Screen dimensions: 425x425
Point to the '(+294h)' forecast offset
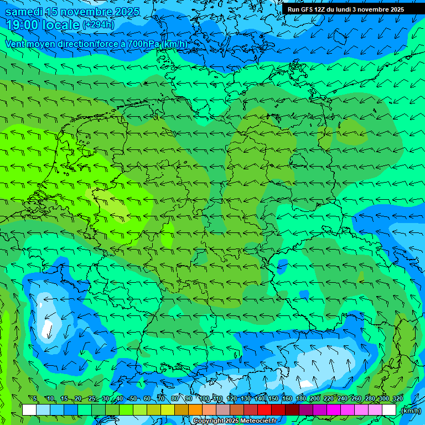click(99, 24)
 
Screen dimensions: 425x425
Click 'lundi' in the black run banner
click(342, 9)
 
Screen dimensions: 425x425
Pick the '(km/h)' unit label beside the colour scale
click(410, 410)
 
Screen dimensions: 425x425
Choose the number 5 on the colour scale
click(34, 398)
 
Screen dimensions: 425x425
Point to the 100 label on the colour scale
click(205, 398)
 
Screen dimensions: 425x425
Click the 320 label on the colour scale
click(398, 398)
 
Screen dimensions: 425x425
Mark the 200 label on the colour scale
click(315, 398)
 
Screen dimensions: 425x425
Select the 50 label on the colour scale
click(133, 398)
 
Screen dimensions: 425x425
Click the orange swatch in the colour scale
click(195, 410)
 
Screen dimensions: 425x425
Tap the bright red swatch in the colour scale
click(265, 410)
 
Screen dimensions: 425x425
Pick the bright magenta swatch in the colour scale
click(334, 410)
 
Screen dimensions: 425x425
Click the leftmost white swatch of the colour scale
click(29, 410)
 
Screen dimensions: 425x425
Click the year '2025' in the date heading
click(124, 12)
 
